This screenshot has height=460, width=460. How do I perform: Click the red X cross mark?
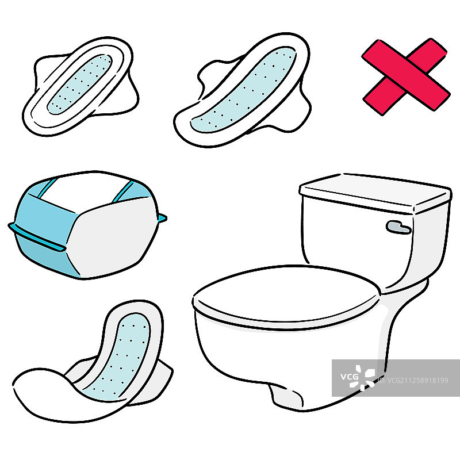pyautogui.click(x=406, y=77)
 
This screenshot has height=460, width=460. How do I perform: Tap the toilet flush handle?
pyautogui.click(x=398, y=227)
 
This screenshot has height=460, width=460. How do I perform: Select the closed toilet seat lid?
pyautogui.click(x=286, y=297)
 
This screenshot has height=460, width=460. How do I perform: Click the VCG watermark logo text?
pyautogui.click(x=350, y=376)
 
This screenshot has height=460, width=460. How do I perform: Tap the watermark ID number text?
pyautogui.click(x=413, y=381)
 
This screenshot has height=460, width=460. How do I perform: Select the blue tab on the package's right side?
pyautogui.click(x=162, y=218)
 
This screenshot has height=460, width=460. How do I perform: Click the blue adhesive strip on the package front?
pyautogui.click(x=37, y=237)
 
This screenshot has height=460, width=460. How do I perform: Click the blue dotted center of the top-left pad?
pyautogui.click(x=80, y=84)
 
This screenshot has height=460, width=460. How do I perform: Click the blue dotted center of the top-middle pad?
pyautogui.click(x=243, y=90)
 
